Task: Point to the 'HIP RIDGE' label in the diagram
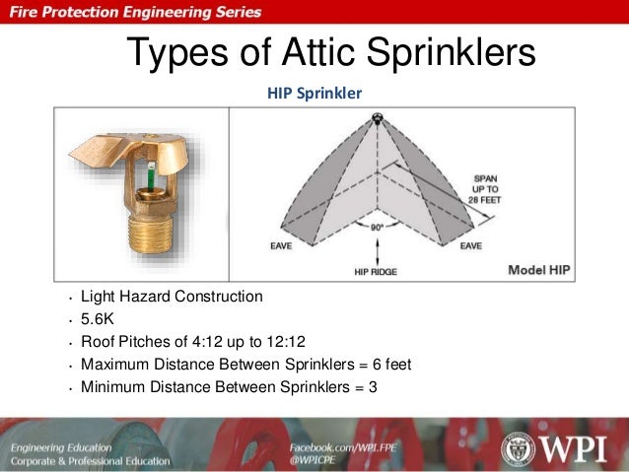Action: click(375, 270)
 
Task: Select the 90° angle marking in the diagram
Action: click(376, 227)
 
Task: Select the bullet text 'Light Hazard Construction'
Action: click(172, 296)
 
